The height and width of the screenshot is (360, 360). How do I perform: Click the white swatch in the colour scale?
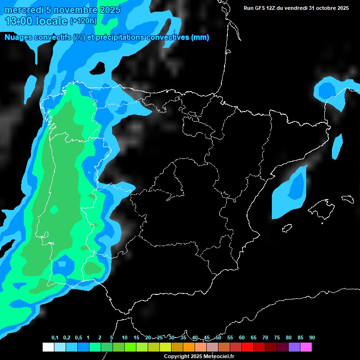point(48,347)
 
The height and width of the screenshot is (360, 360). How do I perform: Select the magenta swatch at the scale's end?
point(306,347)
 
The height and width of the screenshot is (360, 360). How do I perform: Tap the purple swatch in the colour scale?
point(294,347)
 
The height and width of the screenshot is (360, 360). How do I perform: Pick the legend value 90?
point(312,338)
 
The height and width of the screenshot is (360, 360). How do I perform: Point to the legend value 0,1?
point(55,338)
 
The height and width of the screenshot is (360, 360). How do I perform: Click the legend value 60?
point(242,338)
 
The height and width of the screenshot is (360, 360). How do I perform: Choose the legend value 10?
point(125,338)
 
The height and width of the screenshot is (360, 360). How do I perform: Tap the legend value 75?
point(277,338)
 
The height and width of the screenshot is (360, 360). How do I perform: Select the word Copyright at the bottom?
point(176,357)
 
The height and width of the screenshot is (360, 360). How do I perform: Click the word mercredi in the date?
point(22,10)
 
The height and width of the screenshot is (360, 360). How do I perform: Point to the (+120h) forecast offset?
point(83,21)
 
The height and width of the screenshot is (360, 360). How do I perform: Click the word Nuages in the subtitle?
point(18,37)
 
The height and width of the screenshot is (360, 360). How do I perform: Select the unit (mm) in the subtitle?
point(200,37)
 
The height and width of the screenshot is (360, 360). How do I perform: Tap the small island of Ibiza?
point(287,228)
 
